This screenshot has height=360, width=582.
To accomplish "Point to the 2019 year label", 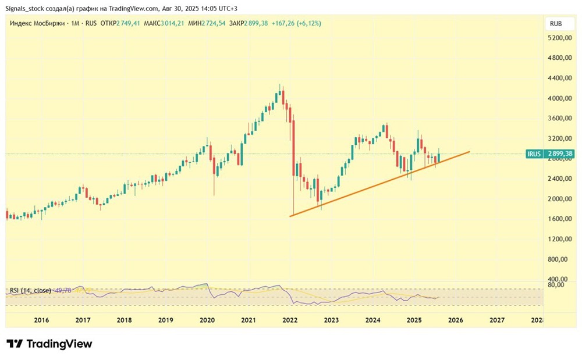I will coord(166,320).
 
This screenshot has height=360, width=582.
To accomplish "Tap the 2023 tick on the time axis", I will coord(331,320).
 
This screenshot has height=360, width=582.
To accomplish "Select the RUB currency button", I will coord(555,24).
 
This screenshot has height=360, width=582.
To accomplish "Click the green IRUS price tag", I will coord(549,154).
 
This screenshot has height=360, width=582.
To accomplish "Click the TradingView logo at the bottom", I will coord(49,344).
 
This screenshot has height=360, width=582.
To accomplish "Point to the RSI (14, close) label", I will coord(30,290).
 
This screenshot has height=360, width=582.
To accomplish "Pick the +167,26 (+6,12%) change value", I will coord(296,23).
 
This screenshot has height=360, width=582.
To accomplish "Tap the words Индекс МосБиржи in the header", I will coord(32,23).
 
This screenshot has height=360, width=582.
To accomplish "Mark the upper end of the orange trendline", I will coord(469,152).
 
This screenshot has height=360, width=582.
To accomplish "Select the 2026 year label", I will coord(456,320).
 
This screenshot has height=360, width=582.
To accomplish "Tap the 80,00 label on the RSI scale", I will coord(556,284).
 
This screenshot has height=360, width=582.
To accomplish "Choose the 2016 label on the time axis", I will coord(41,320).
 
